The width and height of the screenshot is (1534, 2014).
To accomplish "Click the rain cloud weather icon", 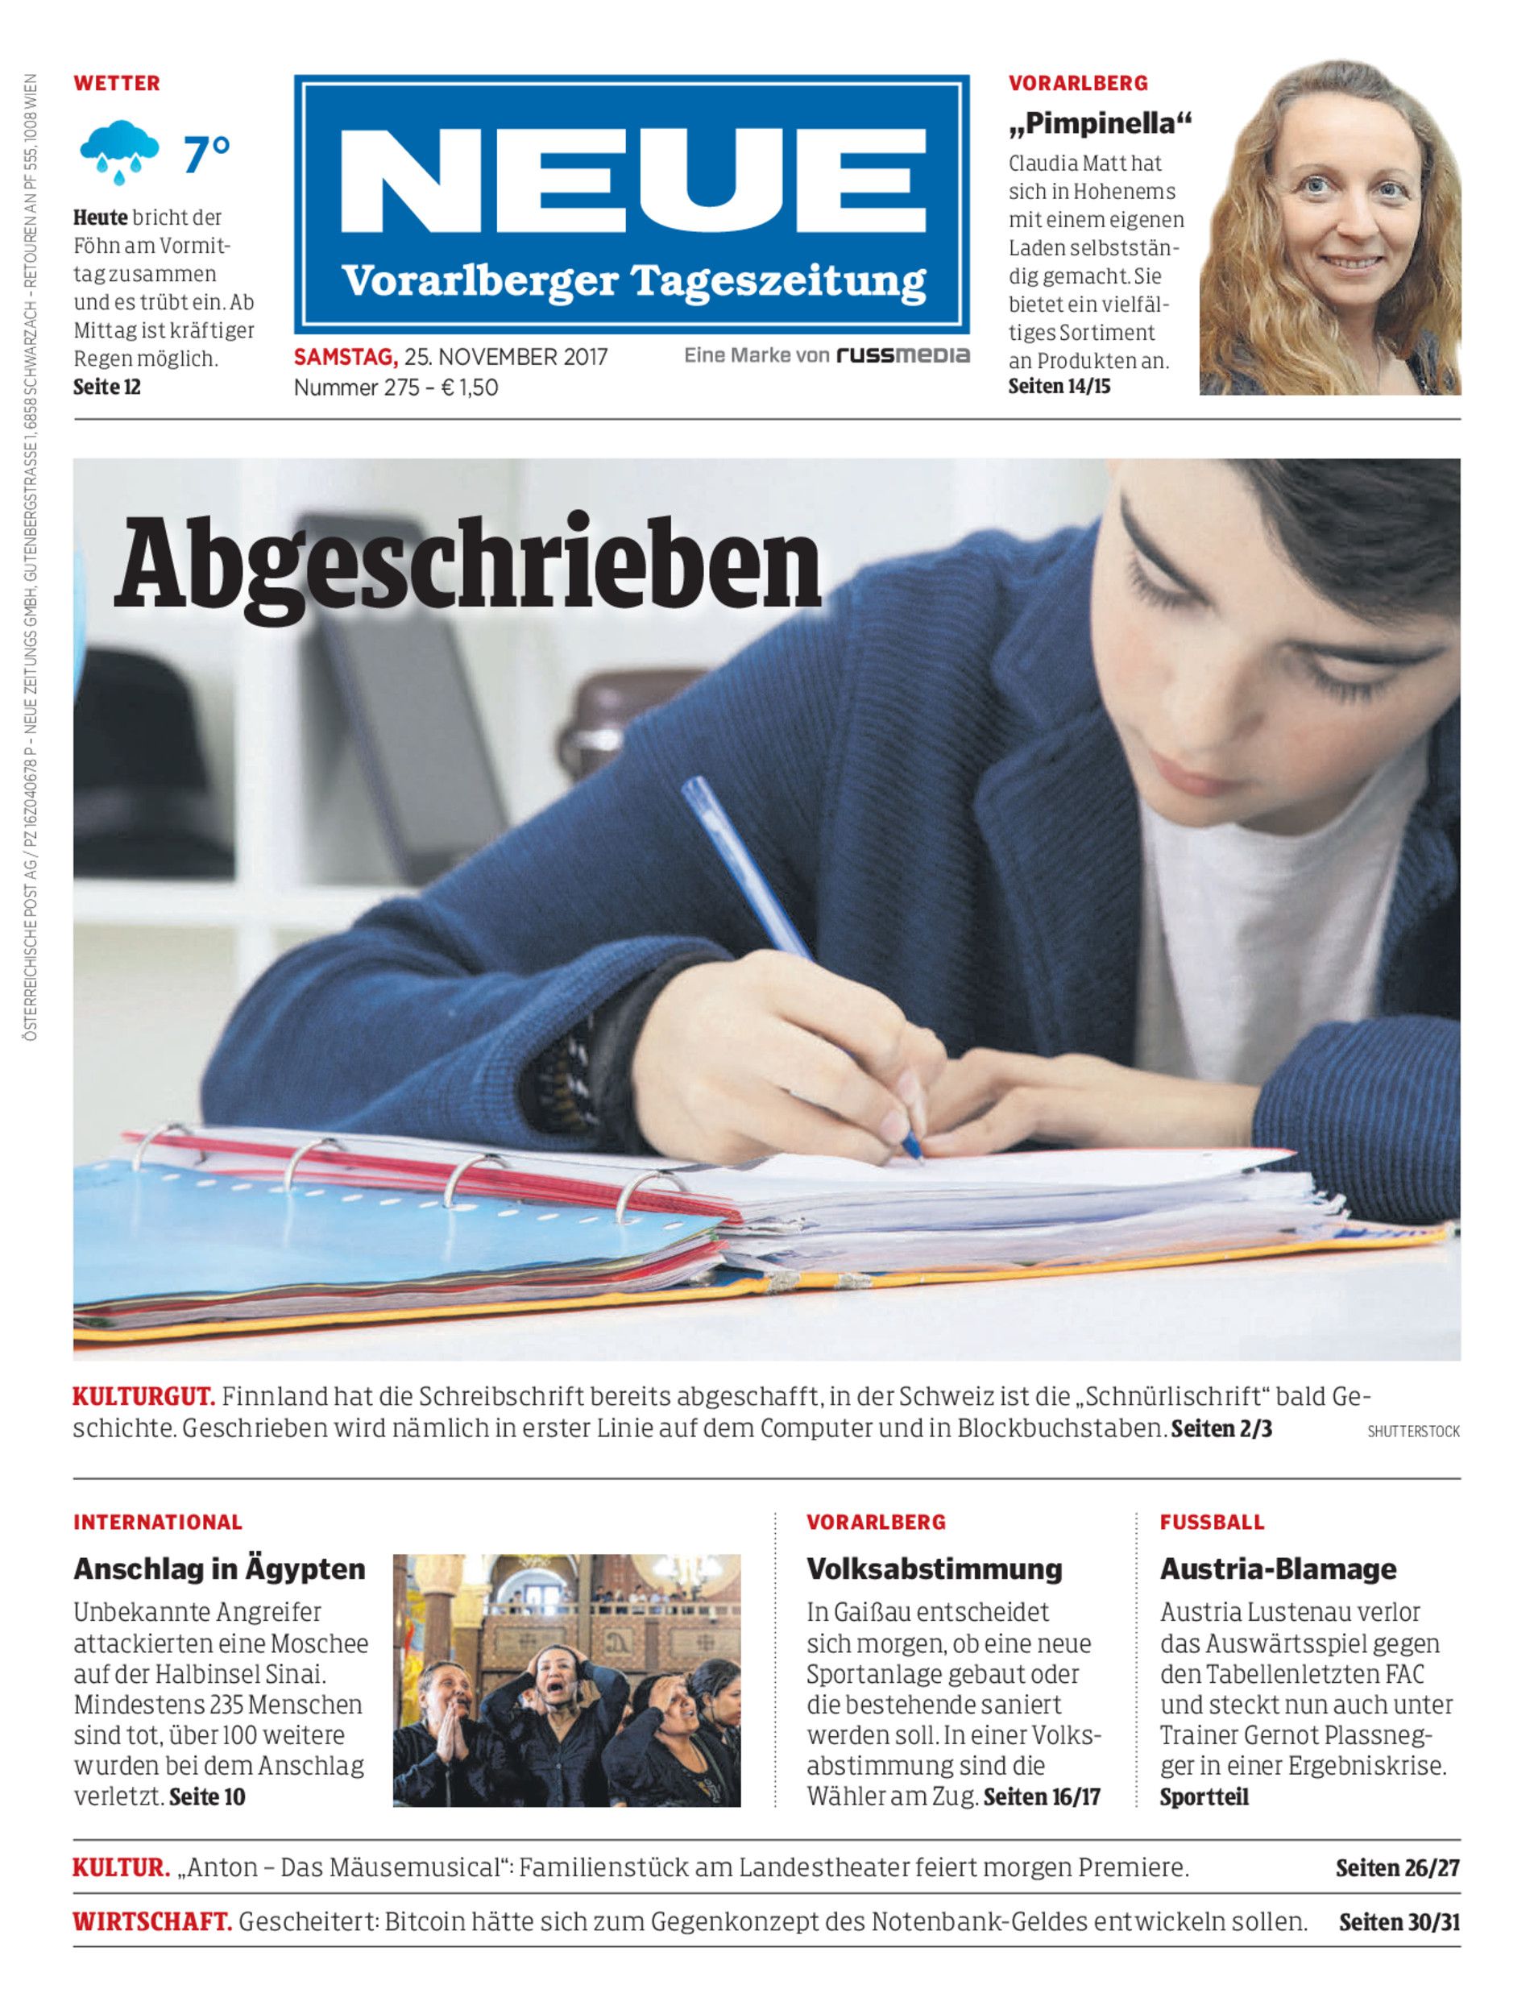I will (119, 151).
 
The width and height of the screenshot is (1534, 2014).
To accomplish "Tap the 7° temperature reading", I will (206, 155).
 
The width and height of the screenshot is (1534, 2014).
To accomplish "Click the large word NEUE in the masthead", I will (632, 184).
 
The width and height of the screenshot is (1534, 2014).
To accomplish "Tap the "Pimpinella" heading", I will (1100, 123).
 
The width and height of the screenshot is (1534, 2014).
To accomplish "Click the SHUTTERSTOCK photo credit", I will (1412, 1432).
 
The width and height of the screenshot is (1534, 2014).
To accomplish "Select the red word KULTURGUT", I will (143, 1397).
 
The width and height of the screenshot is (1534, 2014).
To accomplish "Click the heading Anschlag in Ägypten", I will (219, 1569).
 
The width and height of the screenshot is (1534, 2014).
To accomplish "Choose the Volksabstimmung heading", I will (934, 1569).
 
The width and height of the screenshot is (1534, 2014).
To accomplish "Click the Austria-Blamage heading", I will (1278, 1569).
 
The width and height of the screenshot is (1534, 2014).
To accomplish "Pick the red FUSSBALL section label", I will (1212, 1522).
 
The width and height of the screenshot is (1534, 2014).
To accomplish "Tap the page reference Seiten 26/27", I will (1397, 1868).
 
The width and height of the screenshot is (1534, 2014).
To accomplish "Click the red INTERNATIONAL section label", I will (158, 1522).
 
